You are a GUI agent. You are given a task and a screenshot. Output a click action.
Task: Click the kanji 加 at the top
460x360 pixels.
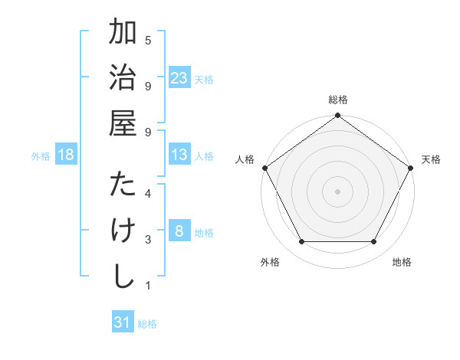point(123,34)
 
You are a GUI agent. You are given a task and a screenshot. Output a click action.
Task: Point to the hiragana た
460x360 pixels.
point(123,185)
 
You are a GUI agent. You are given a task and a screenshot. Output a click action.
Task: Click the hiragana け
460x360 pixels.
point(123,231)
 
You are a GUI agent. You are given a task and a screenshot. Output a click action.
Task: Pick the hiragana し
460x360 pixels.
point(123,276)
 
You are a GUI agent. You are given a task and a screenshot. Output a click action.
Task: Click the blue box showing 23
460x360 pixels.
point(179,77)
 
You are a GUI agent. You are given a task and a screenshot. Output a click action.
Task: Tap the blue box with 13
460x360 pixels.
point(179,155)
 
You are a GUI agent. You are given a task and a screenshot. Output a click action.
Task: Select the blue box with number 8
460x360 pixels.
point(179,231)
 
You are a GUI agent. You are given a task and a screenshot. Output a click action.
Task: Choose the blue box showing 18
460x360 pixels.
point(67,155)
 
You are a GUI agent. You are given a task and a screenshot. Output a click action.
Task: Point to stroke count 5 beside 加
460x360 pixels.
point(148,39)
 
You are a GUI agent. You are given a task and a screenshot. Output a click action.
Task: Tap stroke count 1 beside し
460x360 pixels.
point(148,286)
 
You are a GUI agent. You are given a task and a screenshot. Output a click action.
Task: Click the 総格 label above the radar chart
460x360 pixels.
point(337,100)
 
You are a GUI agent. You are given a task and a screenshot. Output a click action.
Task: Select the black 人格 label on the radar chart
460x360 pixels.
point(246,159)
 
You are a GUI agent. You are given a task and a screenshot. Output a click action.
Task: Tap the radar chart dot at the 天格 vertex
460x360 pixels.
point(411,168)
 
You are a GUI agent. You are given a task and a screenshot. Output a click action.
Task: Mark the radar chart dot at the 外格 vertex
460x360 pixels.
point(301,242)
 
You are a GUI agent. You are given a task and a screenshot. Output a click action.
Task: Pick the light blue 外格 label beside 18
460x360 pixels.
point(41,156)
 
